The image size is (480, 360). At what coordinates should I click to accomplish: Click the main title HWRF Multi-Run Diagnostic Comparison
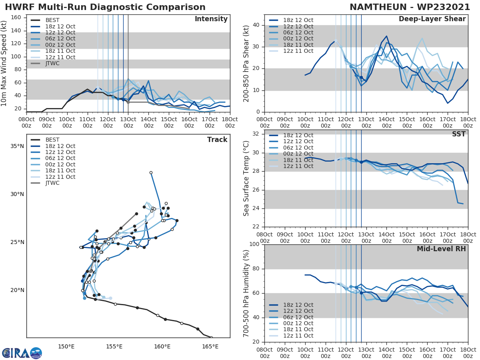pos(105,8)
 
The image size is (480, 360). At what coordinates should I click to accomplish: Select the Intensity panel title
pos(211,19)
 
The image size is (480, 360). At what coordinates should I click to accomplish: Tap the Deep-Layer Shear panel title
pos(432,19)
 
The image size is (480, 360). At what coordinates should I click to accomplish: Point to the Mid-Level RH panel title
pos(441,249)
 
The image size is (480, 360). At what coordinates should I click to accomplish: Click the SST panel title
pos(458,134)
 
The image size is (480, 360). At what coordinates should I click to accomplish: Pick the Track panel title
pos(217,140)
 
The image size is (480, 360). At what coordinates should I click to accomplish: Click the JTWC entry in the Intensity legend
pos(52,63)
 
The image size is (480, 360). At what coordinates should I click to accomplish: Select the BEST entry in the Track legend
pos(52,140)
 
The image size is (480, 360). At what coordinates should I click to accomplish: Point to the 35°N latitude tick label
pos(17,146)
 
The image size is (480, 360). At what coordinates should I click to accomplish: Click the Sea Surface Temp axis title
pos(247,178)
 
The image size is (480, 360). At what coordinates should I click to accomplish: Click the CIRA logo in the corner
pos(22,353)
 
